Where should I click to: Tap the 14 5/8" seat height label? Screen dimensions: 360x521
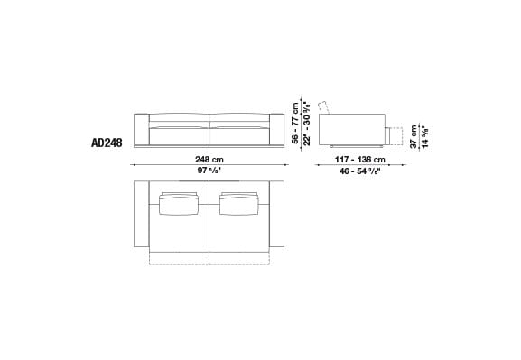point(425,135)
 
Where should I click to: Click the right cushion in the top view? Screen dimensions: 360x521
point(238,204)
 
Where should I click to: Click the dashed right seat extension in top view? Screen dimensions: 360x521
point(238,260)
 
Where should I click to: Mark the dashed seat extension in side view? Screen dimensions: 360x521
point(394,135)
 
